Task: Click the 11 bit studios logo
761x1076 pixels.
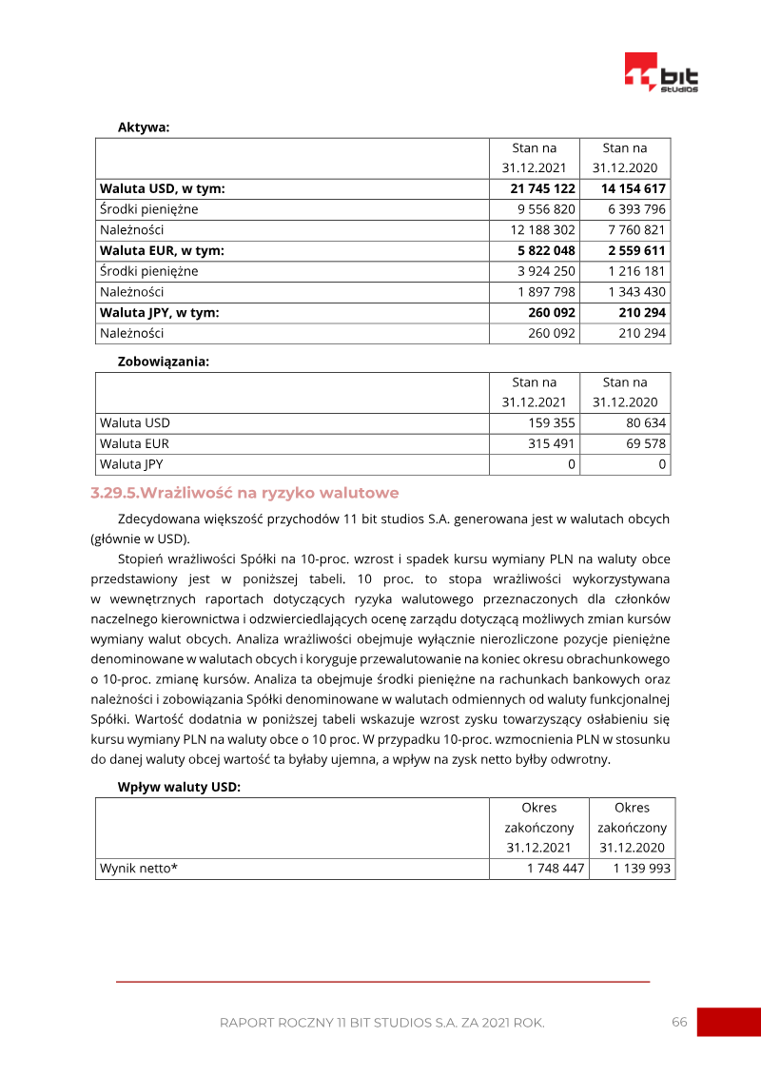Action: [x=661, y=72]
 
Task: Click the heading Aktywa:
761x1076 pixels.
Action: [x=144, y=127]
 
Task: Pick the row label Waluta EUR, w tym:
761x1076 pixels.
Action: [x=161, y=251]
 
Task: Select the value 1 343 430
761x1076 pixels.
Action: [x=632, y=292]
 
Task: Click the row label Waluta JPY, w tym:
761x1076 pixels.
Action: [x=159, y=313]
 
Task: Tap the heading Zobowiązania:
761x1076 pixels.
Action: [x=163, y=362]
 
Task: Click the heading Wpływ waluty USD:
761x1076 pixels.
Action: [x=179, y=787]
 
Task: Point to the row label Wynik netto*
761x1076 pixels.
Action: [x=139, y=869]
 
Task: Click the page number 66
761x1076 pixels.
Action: [x=679, y=1022]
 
